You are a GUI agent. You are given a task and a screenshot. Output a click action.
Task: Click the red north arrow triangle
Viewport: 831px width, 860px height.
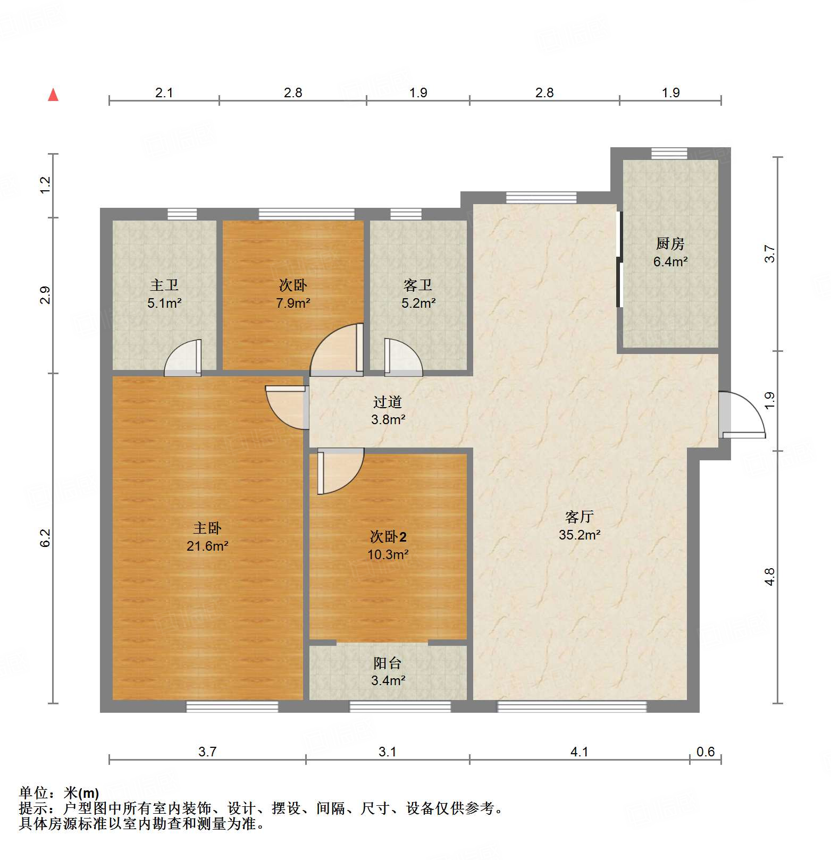point(53,95)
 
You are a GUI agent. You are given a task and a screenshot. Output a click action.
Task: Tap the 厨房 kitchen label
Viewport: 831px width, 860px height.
point(670,244)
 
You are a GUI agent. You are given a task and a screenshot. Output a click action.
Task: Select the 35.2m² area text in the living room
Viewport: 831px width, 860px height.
point(580,535)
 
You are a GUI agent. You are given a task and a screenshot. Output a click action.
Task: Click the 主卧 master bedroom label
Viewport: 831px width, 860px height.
point(207,528)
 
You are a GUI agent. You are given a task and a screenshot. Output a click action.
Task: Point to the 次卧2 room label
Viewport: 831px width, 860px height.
point(388,536)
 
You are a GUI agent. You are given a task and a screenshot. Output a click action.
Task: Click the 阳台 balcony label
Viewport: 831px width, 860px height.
point(388,663)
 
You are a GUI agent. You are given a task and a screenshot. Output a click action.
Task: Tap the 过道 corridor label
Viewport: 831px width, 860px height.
point(388,402)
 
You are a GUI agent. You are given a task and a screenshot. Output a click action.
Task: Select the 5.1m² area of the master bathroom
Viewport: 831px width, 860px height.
point(164,303)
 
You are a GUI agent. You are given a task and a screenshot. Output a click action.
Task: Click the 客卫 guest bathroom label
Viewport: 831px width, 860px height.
point(418,285)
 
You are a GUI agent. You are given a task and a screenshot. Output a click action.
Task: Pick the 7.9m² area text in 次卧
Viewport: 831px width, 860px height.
point(293,303)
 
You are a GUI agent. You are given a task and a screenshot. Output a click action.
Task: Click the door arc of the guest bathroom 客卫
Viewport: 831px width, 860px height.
point(403,357)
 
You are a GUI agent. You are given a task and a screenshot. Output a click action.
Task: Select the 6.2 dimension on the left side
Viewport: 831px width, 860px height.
point(45,537)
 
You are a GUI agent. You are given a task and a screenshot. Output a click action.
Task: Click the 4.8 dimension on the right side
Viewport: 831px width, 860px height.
point(769,577)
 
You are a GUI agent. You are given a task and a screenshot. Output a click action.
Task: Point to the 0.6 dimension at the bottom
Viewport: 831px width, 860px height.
point(706,752)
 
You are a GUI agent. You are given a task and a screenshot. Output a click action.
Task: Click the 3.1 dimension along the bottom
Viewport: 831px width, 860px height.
point(387,752)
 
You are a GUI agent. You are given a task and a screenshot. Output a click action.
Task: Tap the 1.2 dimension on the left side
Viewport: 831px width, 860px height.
point(45,184)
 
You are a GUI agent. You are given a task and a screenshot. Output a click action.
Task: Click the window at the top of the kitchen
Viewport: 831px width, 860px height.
point(669,153)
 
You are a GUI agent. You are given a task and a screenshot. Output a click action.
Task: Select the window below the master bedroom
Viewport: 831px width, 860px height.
point(232,706)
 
